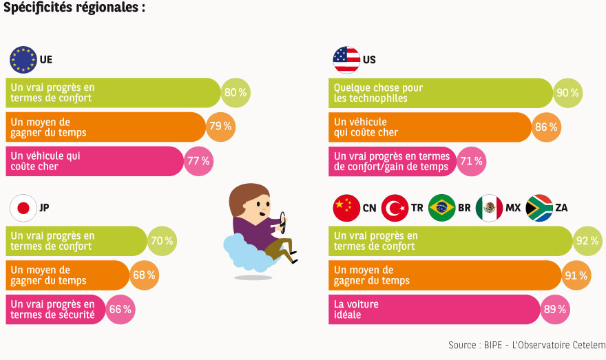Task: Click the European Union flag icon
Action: click(x=23, y=59)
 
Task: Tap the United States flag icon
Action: click(x=346, y=59)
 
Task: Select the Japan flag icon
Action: click(x=23, y=207)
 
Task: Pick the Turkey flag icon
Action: click(x=395, y=207)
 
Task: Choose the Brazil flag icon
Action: click(x=442, y=207)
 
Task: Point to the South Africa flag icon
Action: click(x=539, y=207)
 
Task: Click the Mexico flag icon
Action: click(x=490, y=207)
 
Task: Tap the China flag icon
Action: click(x=346, y=207)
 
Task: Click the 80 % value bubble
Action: click(x=235, y=93)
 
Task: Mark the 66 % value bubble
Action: click(x=121, y=309)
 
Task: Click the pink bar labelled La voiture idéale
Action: click(x=434, y=309)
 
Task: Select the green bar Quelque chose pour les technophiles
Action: click(x=441, y=93)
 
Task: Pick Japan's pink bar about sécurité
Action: click(x=55, y=309)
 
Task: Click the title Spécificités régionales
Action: click(x=74, y=8)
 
